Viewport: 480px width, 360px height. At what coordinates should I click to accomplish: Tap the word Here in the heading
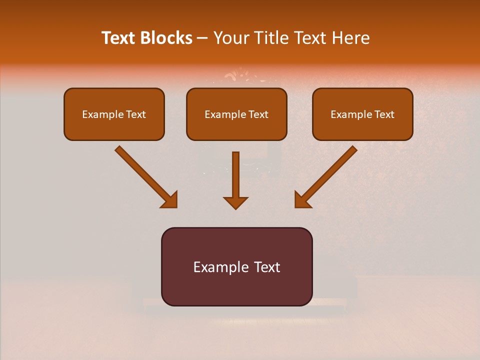point(350,38)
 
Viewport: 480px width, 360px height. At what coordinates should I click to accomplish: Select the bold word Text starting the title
point(119,38)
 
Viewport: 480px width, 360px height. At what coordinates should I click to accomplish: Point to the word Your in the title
point(231,38)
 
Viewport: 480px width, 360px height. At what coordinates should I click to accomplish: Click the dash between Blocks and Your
point(203,38)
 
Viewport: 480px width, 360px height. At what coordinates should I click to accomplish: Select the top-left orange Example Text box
point(114,114)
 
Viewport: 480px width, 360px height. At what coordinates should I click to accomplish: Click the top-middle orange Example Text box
point(236,114)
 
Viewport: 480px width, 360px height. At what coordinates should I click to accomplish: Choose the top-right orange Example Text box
point(362,114)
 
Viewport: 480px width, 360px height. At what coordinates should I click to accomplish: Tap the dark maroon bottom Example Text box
point(236,266)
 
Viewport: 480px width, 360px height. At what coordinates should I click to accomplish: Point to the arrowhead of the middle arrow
point(236,202)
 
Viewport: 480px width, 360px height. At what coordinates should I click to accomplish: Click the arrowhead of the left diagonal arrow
point(170,200)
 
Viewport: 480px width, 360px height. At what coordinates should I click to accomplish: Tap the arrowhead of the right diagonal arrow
point(302,200)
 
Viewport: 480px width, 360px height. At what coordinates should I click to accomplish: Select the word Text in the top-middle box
point(258,114)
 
